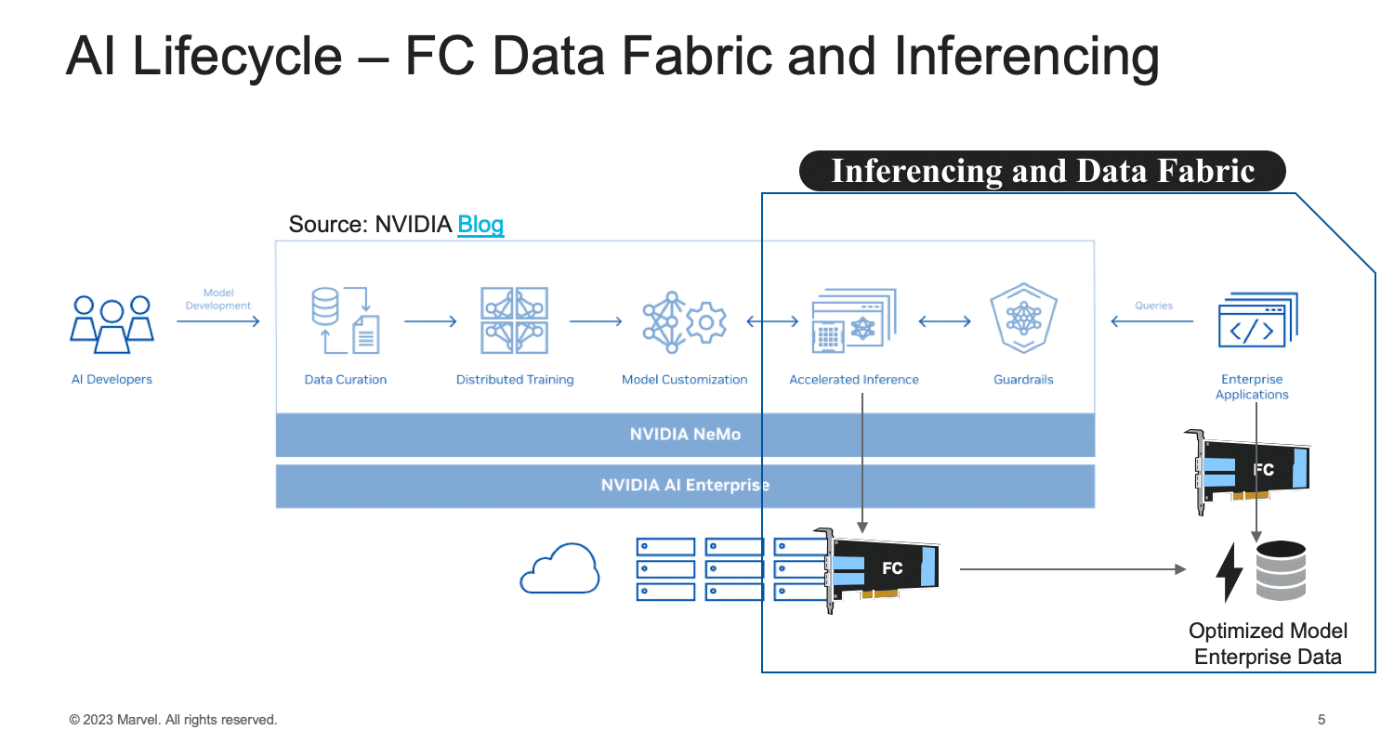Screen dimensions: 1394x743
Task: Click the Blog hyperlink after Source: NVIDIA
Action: (480, 225)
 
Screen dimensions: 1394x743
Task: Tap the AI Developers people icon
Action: (112, 324)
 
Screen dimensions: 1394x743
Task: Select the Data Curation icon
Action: (346, 320)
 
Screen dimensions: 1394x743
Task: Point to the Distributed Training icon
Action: (515, 320)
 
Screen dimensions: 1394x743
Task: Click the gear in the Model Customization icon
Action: (705, 322)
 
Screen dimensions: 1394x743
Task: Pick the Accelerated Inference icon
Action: (854, 320)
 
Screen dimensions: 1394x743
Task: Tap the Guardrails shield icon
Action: (1024, 319)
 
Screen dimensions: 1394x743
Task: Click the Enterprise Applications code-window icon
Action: (1258, 320)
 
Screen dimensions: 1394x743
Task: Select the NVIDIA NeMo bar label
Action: (685, 434)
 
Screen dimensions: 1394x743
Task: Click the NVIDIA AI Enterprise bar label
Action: (685, 485)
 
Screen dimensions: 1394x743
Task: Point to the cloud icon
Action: (559, 568)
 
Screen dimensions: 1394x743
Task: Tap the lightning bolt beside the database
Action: (1230, 573)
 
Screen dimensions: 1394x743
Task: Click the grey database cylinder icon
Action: (1281, 570)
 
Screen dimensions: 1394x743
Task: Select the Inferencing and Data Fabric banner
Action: (1043, 171)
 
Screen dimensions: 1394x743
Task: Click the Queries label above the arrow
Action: (1153, 306)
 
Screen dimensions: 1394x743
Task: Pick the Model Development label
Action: (218, 299)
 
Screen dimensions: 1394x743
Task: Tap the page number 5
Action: (1322, 720)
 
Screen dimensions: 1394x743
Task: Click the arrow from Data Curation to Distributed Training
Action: (430, 321)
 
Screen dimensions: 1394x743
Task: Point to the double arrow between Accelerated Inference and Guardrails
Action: (945, 321)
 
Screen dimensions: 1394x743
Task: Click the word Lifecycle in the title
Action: (237, 57)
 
